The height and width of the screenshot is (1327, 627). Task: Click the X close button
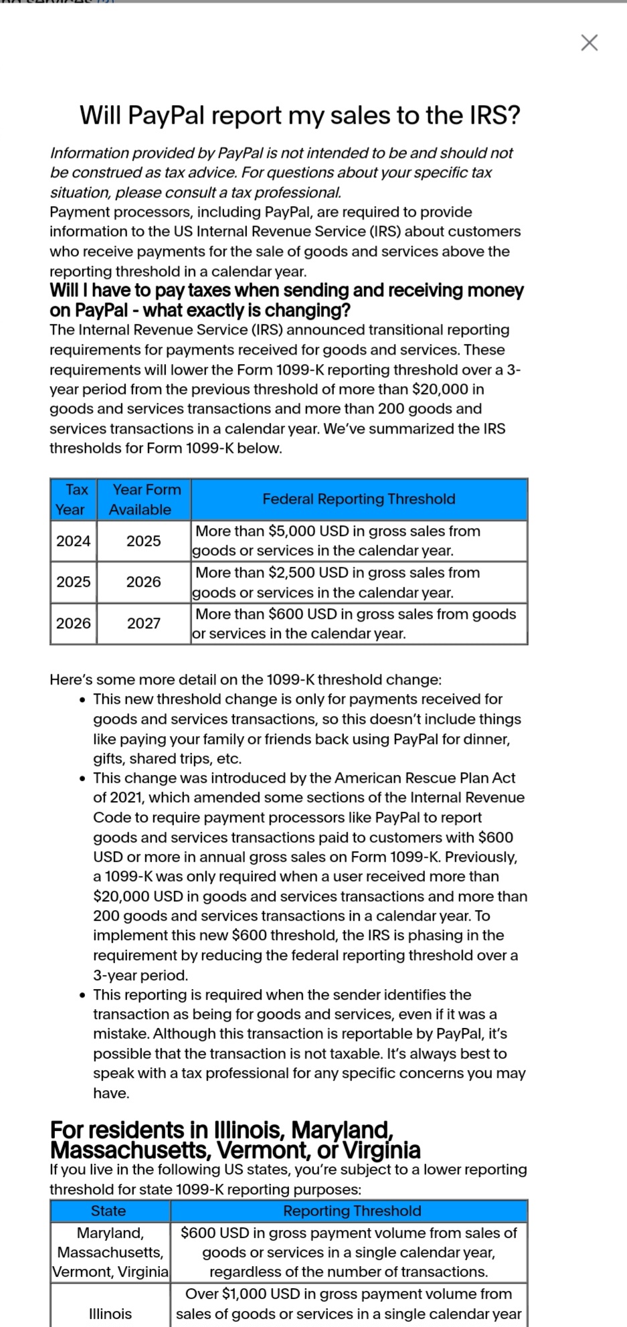(x=589, y=43)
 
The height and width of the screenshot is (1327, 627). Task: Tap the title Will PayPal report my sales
(x=300, y=115)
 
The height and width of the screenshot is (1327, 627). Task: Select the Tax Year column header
(x=74, y=499)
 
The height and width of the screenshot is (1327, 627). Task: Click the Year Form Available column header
(x=144, y=499)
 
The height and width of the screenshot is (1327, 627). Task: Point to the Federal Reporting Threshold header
(x=359, y=499)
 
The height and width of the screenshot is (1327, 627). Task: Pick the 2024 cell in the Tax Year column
(x=74, y=541)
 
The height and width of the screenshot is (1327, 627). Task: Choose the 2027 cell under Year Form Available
(x=144, y=624)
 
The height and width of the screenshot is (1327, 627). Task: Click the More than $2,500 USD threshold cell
(x=359, y=582)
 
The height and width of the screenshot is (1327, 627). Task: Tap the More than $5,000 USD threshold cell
(x=359, y=541)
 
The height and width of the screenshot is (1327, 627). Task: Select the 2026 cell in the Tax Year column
(x=74, y=624)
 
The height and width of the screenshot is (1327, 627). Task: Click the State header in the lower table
(x=109, y=1211)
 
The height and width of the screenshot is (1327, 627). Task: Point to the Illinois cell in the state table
(x=110, y=1314)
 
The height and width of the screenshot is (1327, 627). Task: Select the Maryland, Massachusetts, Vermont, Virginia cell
(x=110, y=1252)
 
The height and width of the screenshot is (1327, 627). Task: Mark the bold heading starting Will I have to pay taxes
(x=286, y=300)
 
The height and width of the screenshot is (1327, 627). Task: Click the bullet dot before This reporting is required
(x=82, y=995)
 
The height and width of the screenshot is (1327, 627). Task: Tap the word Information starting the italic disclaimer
(x=90, y=153)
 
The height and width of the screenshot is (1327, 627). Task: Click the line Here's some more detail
(x=246, y=679)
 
